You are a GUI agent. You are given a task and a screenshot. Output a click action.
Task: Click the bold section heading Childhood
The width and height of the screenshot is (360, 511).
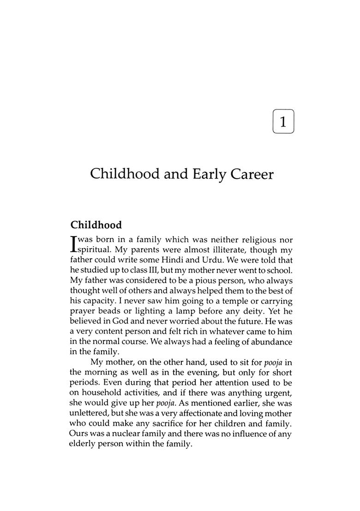[96, 225]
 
